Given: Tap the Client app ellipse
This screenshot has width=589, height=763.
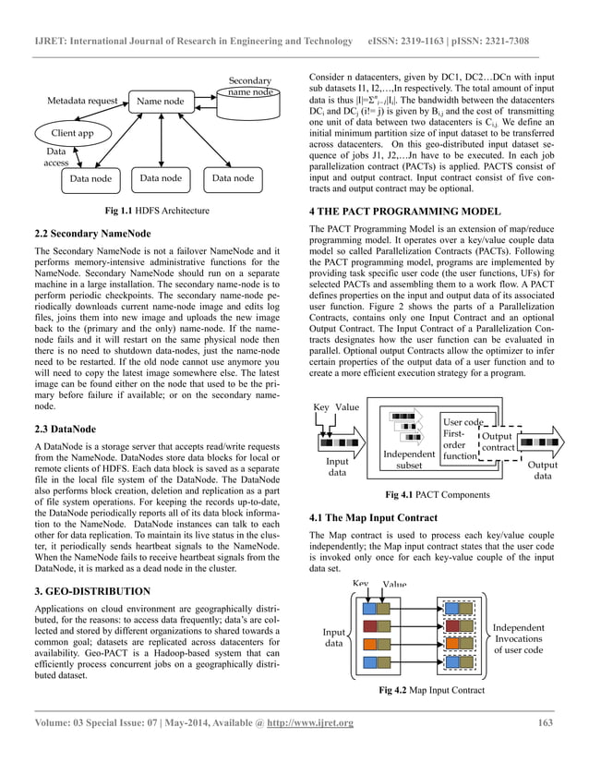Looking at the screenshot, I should [72, 133].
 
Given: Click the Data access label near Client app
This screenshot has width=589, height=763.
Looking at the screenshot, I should [56, 156].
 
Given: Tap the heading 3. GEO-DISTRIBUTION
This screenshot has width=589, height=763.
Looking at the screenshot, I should [90, 590].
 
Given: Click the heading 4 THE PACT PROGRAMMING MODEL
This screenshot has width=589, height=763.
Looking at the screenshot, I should [405, 212].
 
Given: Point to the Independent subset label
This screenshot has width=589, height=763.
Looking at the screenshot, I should [408, 459].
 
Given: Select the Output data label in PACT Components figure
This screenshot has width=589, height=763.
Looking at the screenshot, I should [543, 470].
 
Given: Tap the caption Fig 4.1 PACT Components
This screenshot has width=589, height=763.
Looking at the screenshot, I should [438, 495].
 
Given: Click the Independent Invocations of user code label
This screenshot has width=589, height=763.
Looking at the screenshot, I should [519, 638].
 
